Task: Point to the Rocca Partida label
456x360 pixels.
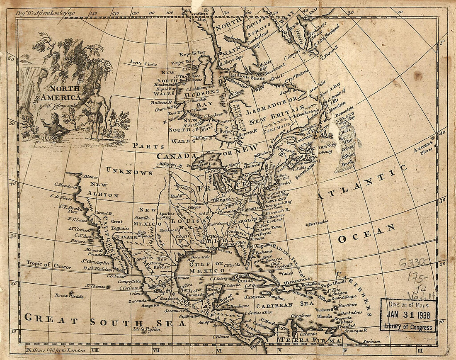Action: pyautogui.click(x=69, y=296)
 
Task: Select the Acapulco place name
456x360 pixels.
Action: pyautogui.click(x=138, y=305)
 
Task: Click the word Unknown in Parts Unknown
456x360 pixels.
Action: pyautogui.click(x=129, y=171)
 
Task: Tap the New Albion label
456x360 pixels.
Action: pyautogui.click(x=102, y=189)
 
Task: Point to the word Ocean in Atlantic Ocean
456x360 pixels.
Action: pyautogui.click(x=366, y=234)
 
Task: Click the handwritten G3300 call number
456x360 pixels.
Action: pyautogui.click(x=415, y=263)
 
